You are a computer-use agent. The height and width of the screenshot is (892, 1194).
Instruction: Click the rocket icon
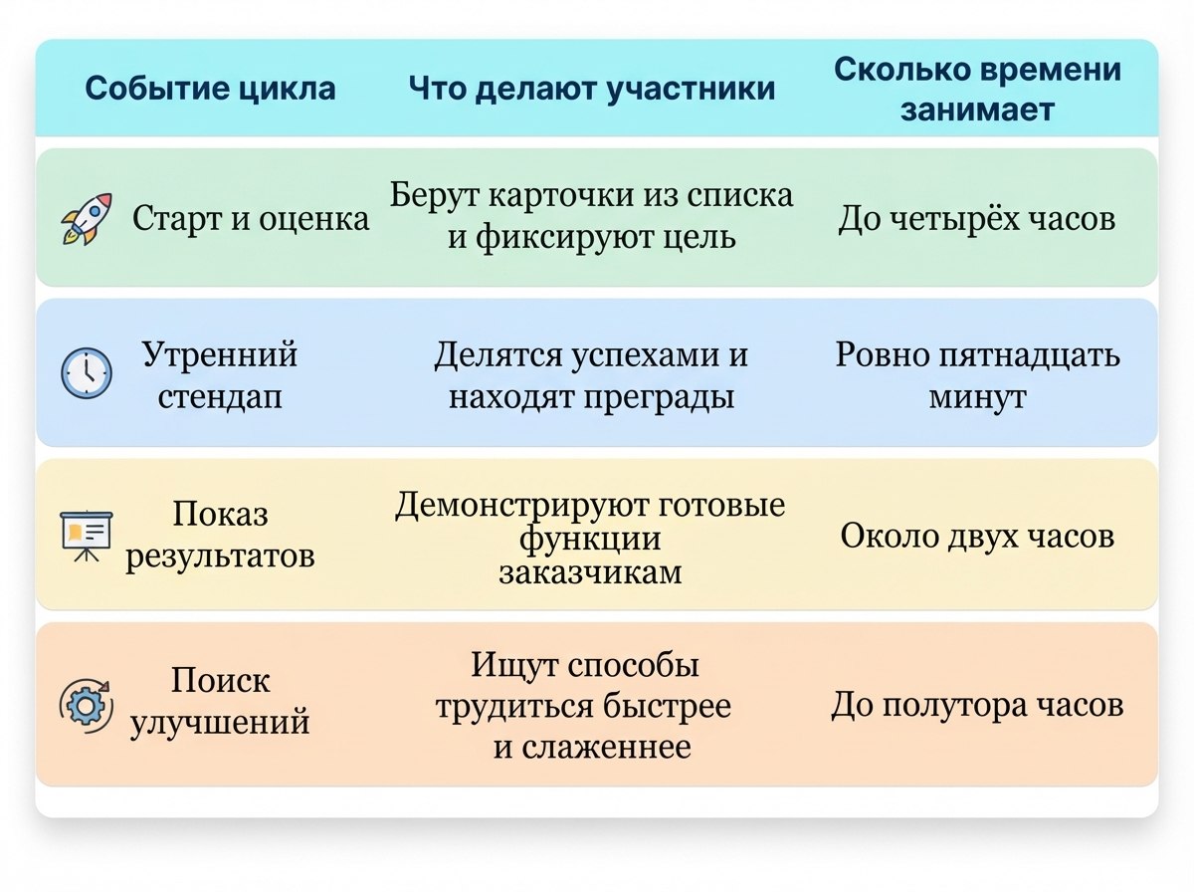coord(87,219)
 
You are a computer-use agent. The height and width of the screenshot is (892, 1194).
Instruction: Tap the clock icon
coord(87,373)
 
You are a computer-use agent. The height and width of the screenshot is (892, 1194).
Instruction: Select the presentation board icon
coord(87,536)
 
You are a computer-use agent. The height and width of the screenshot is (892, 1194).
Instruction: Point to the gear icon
coord(87,705)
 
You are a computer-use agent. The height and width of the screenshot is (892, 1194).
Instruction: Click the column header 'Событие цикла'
coord(211,89)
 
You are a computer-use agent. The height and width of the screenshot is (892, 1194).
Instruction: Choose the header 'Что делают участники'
coord(592,89)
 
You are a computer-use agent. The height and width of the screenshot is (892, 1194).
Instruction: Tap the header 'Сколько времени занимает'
coord(977,90)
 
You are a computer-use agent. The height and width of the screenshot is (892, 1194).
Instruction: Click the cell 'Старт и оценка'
coord(251,219)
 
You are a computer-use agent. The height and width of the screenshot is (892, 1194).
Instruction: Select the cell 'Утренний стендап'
coord(220,375)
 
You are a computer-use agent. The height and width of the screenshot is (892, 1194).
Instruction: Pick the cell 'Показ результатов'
coord(220,535)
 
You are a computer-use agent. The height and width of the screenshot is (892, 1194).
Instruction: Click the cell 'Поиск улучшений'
coord(220,702)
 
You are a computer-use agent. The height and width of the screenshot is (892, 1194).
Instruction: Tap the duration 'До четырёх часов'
coord(977,219)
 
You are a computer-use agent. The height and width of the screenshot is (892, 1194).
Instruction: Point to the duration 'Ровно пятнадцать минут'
coord(977,375)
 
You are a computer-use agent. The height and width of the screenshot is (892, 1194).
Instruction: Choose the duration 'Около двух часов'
coord(977,536)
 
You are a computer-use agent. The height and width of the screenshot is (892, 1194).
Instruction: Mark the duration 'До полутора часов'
coord(977,705)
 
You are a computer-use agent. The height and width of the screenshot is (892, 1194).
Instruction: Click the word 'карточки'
coord(561,196)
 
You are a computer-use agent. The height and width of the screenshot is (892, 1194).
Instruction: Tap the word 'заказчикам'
coord(590,572)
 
